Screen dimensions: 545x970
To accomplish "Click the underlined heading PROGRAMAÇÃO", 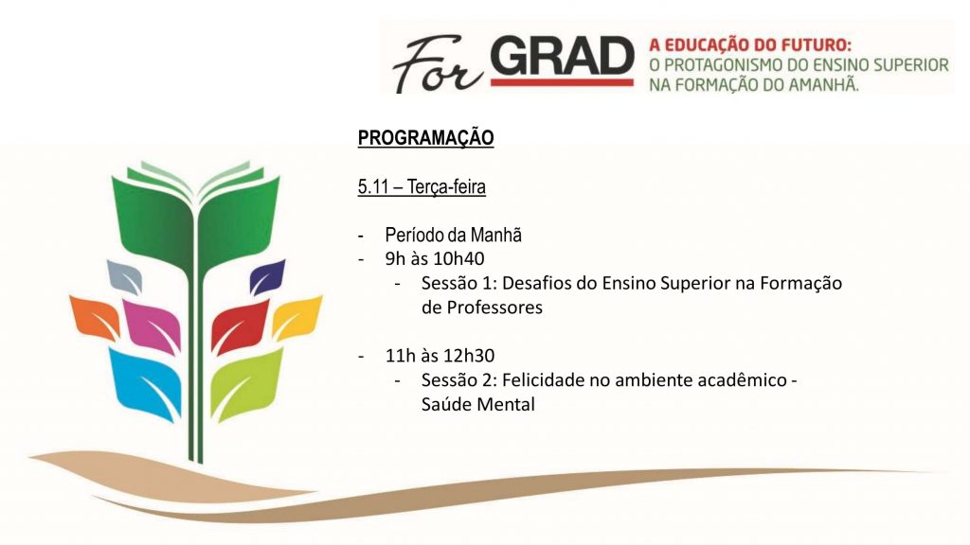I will [425, 139].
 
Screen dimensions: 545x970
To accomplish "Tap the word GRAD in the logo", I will [565, 58].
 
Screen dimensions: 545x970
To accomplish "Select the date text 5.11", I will [373, 187].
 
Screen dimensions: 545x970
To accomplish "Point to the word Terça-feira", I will [446, 187].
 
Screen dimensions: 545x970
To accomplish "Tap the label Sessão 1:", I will [455, 284].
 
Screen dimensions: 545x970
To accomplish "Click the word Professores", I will [482, 308].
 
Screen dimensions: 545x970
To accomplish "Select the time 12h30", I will [465, 357].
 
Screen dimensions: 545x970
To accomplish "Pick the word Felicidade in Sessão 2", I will [538, 380].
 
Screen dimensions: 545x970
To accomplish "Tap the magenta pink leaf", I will [152, 324].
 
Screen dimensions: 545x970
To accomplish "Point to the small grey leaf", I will [124, 276].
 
